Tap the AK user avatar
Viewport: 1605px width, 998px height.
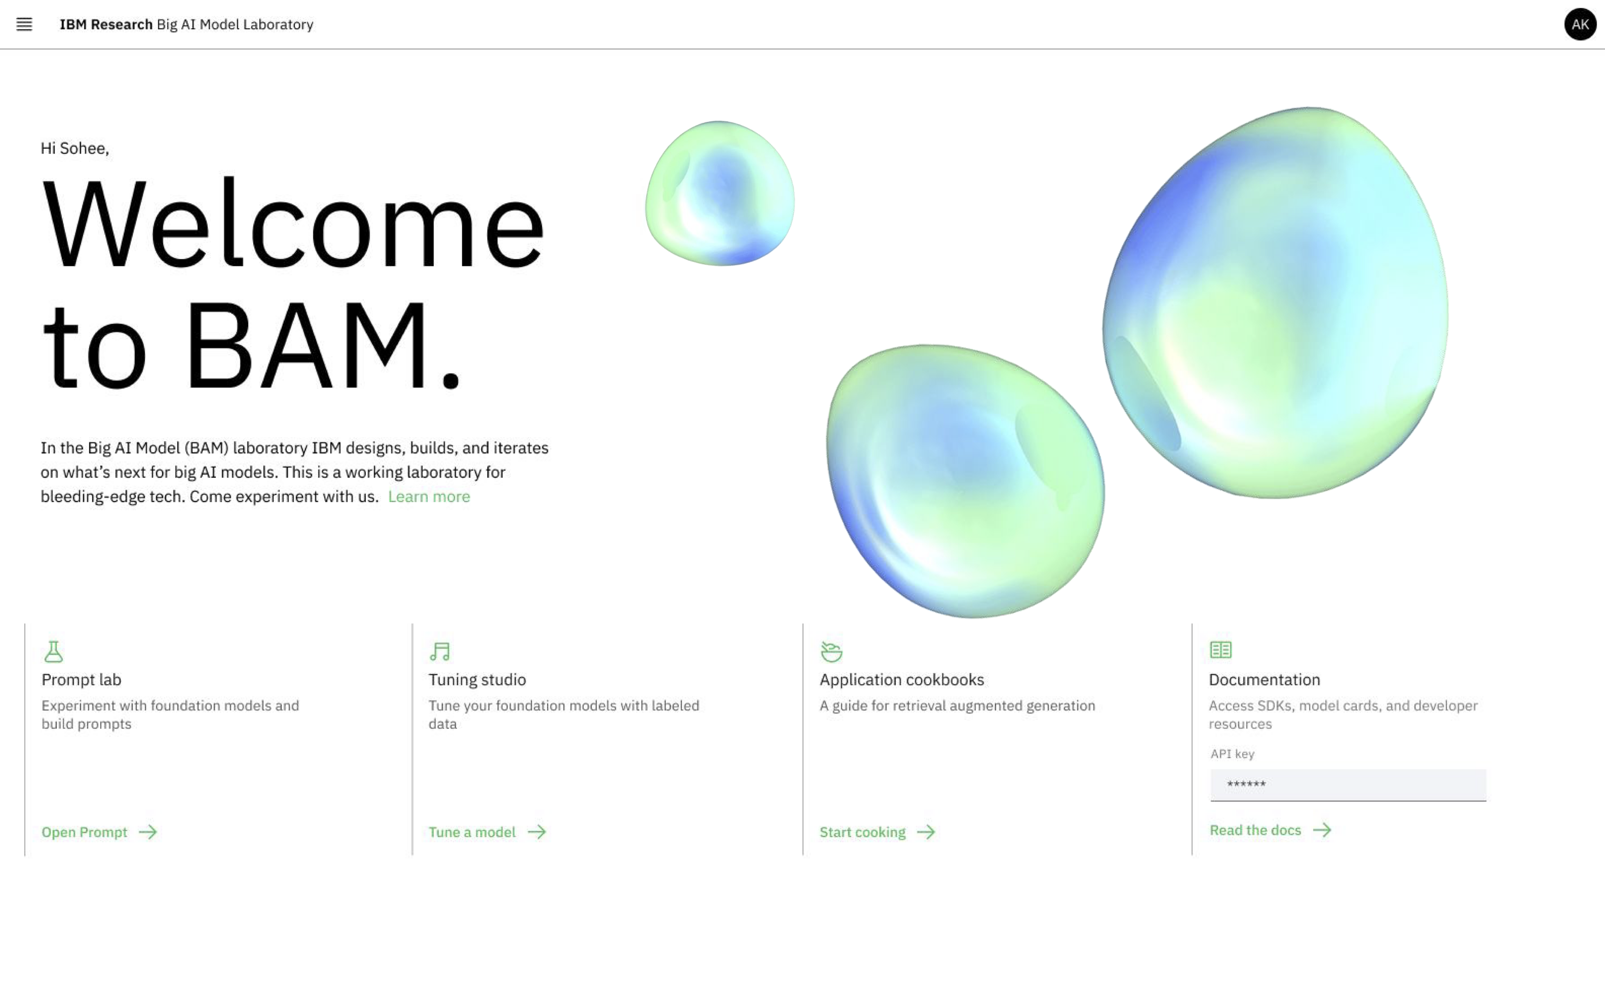coord(1579,25)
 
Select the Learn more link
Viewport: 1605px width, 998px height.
coord(429,496)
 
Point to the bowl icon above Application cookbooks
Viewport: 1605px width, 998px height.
coord(831,652)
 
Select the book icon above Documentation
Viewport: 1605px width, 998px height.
coord(1220,650)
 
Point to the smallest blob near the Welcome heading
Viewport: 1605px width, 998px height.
coord(719,193)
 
